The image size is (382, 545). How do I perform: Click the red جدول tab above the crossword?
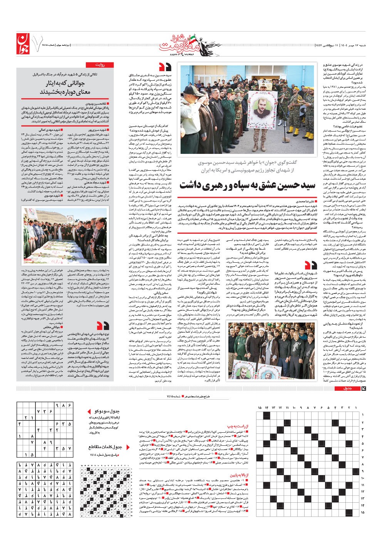pyautogui.click(x=347, y=388)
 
